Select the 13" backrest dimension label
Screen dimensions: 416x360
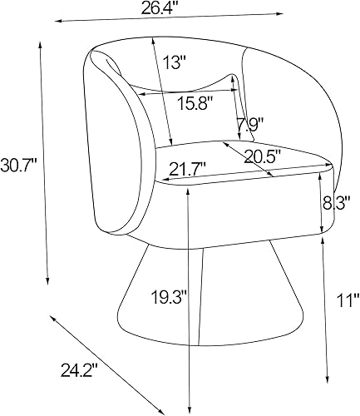[x=175, y=62]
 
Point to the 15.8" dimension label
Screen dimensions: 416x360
[x=194, y=103]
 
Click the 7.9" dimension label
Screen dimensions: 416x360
[x=249, y=126]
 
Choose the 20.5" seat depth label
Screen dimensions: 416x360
[x=262, y=155]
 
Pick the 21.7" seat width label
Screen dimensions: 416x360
[x=187, y=169]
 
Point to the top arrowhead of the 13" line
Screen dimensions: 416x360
[x=153, y=38]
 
